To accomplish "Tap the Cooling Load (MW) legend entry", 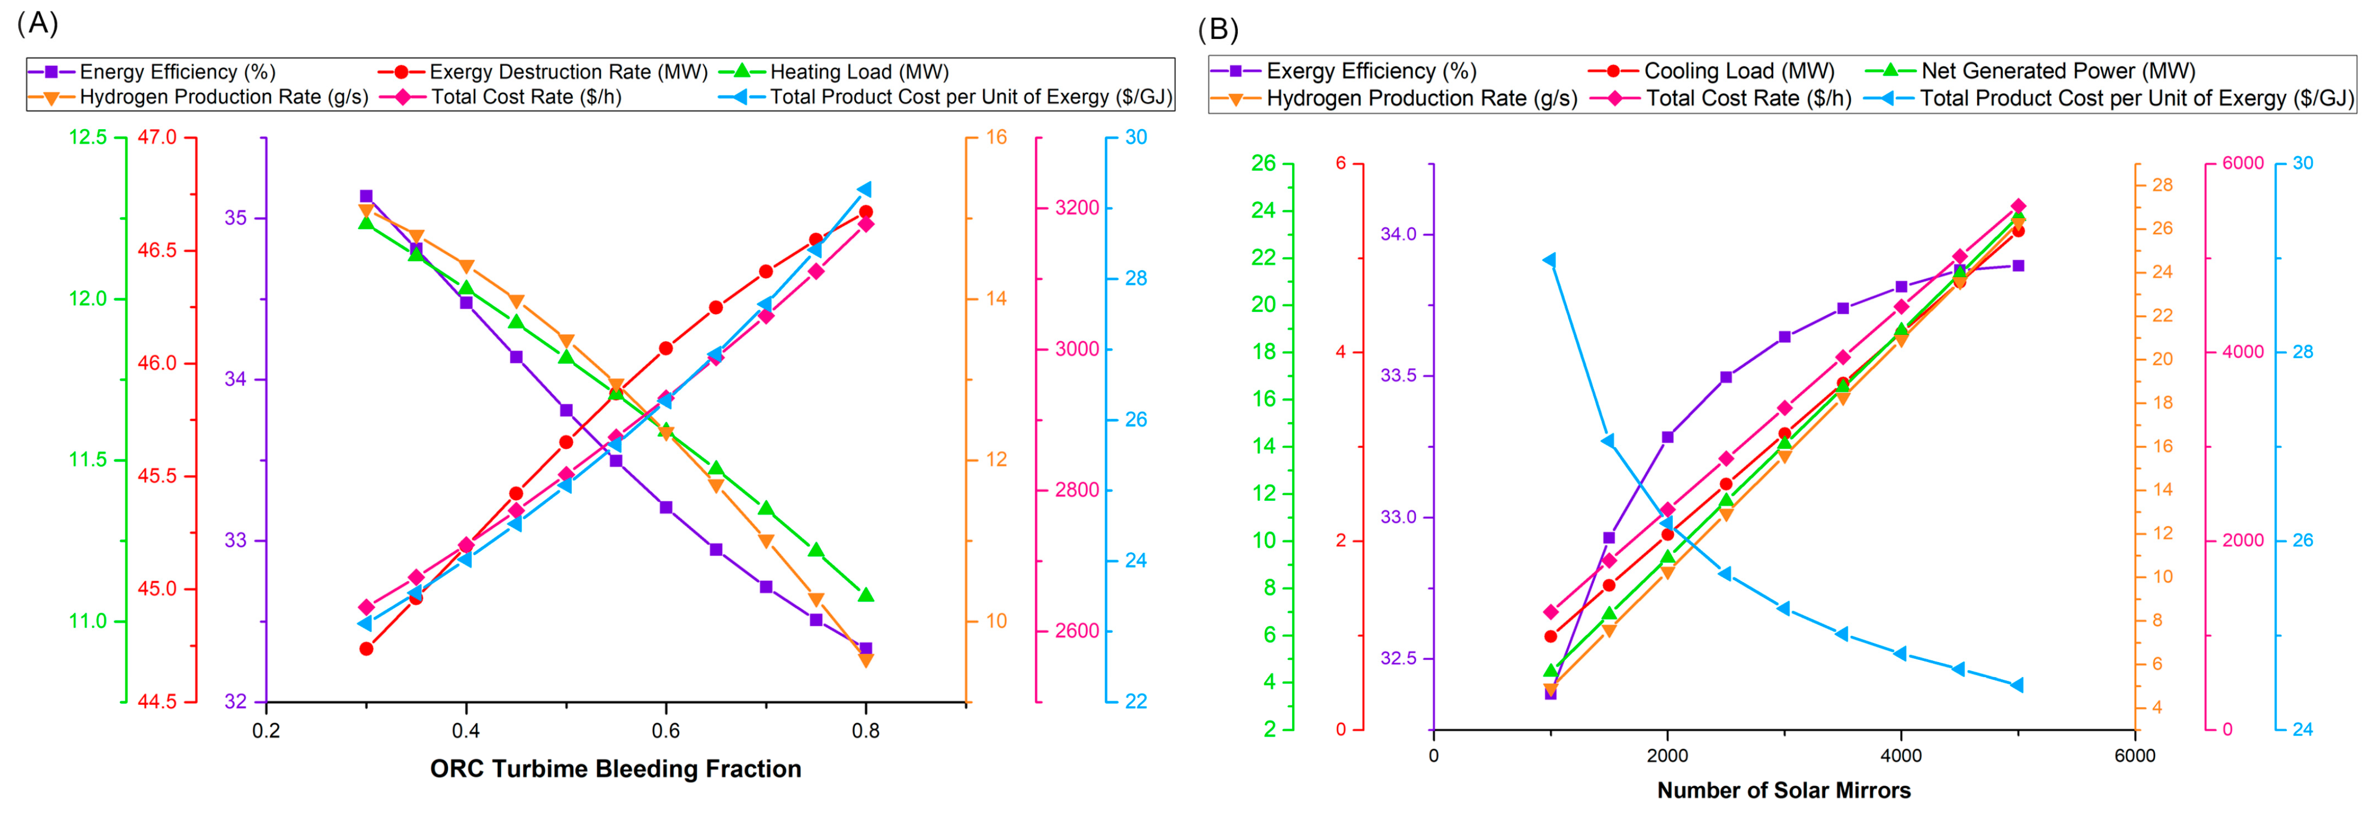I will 1738,71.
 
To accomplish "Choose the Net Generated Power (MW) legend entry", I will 2057,71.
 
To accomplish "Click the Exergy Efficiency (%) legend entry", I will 1371,71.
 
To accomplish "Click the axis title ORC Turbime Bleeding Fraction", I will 615,769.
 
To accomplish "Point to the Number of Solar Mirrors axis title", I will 1783,790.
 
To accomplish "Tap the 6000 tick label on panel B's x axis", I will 2134,756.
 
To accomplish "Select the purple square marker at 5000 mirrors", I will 2018,266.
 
